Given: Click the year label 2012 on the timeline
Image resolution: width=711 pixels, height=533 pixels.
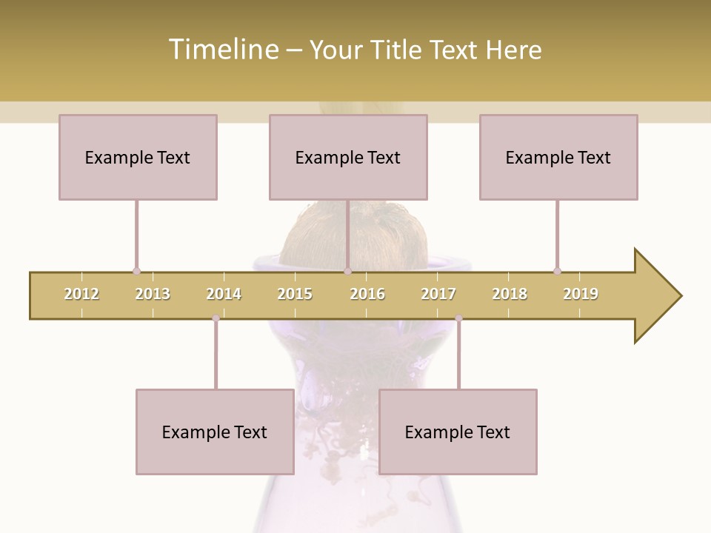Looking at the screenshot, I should pos(81,294).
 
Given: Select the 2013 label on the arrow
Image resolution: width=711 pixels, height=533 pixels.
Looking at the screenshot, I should pos(153,294).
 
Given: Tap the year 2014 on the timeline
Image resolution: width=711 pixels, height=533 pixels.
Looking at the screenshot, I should pos(224,294).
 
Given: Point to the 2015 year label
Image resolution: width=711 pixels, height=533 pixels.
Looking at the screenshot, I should pos(295,294).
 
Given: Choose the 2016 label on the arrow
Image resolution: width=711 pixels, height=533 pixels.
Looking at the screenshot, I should pos(367,294).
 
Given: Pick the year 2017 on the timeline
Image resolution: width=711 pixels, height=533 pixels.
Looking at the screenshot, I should pos(438,294).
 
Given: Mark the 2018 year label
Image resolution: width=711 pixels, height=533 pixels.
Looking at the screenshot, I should pos(510,294).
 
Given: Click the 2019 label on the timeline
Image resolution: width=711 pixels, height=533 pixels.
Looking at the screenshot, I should pos(581,294).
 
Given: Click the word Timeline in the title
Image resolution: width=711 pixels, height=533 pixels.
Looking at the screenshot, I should pos(222,50).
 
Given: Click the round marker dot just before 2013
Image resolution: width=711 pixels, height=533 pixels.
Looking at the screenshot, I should pos(136,271).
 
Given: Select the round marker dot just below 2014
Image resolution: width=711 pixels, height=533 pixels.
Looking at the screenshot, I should pos(216,318).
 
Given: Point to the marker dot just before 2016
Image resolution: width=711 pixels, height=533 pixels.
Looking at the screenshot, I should pos(347,271).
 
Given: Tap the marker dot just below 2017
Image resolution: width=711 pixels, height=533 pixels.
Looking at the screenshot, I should pos(458,318).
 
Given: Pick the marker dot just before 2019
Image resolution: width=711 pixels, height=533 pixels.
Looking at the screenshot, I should pos(557,271).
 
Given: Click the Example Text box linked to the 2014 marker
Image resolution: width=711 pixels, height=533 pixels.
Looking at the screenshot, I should pos(215,432).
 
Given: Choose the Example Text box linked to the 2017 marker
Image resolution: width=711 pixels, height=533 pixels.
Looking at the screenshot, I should pos(458,432).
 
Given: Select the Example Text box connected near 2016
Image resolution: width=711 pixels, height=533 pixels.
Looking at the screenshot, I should pos(348,157).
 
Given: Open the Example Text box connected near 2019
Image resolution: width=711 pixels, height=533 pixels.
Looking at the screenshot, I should pos(558,157).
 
